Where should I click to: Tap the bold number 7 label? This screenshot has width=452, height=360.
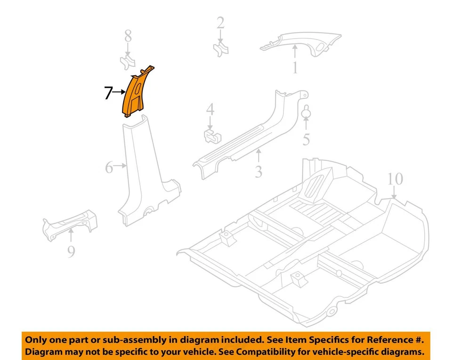[108, 93]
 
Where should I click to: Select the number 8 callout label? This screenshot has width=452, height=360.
[127, 36]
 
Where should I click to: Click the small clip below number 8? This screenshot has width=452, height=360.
[127, 62]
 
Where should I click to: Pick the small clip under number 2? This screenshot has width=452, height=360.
[220, 49]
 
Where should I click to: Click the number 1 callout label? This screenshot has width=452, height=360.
[295, 68]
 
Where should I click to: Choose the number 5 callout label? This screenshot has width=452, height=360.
[306, 140]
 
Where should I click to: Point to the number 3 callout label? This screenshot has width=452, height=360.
[258, 171]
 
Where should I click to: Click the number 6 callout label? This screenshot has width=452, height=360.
[109, 167]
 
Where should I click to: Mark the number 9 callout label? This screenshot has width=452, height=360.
[71, 252]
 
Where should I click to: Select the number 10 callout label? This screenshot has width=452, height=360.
[395, 179]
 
